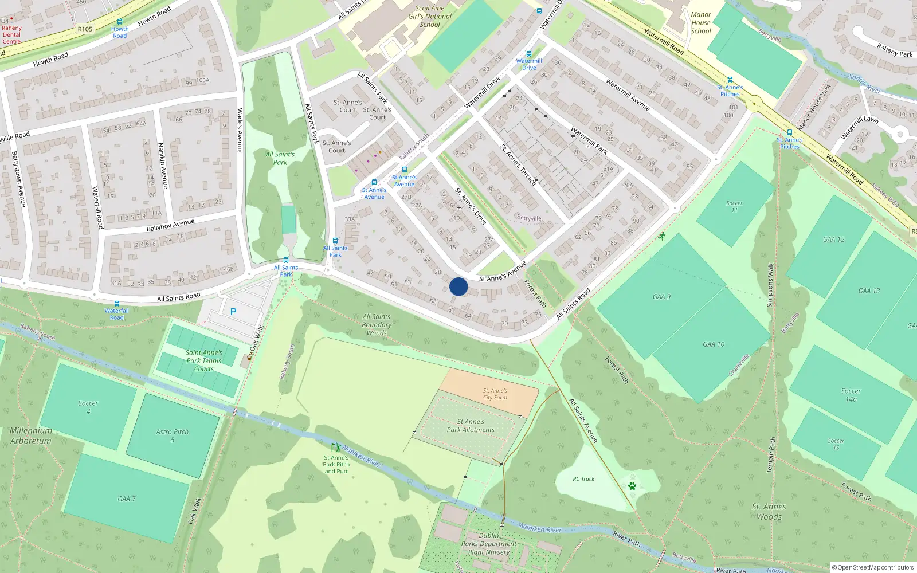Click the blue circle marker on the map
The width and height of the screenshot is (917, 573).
click(x=458, y=286)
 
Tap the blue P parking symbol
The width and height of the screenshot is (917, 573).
click(x=233, y=312)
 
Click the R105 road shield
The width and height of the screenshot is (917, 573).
click(x=85, y=29)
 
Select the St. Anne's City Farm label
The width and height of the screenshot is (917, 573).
click(x=495, y=394)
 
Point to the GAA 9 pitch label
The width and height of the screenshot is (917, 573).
click(x=661, y=297)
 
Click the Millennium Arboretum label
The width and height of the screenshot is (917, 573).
click(x=31, y=435)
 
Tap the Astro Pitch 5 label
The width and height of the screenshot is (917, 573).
click(x=173, y=435)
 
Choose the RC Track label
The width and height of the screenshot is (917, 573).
click(x=583, y=479)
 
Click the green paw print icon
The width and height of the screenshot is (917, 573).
click(x=632, y=486)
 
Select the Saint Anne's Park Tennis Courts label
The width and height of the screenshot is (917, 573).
click(x=203, y=361)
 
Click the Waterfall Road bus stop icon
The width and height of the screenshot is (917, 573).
click(x=117, y=304)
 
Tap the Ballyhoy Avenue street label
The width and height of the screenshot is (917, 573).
click(x=170, y=225)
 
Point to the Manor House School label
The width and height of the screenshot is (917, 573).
click(x=701, y=23)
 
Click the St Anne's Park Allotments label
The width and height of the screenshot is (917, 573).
click(x=471, y=426)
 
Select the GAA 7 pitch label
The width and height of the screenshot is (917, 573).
click(x=127, y=499)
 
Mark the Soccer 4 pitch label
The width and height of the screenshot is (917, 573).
click(x=88, y=407)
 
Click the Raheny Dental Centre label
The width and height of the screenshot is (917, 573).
click(x=11, y=34)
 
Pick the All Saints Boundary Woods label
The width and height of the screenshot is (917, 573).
click(x=377, y=324)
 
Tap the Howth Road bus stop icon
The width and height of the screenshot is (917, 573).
click(x=119, y=22)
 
